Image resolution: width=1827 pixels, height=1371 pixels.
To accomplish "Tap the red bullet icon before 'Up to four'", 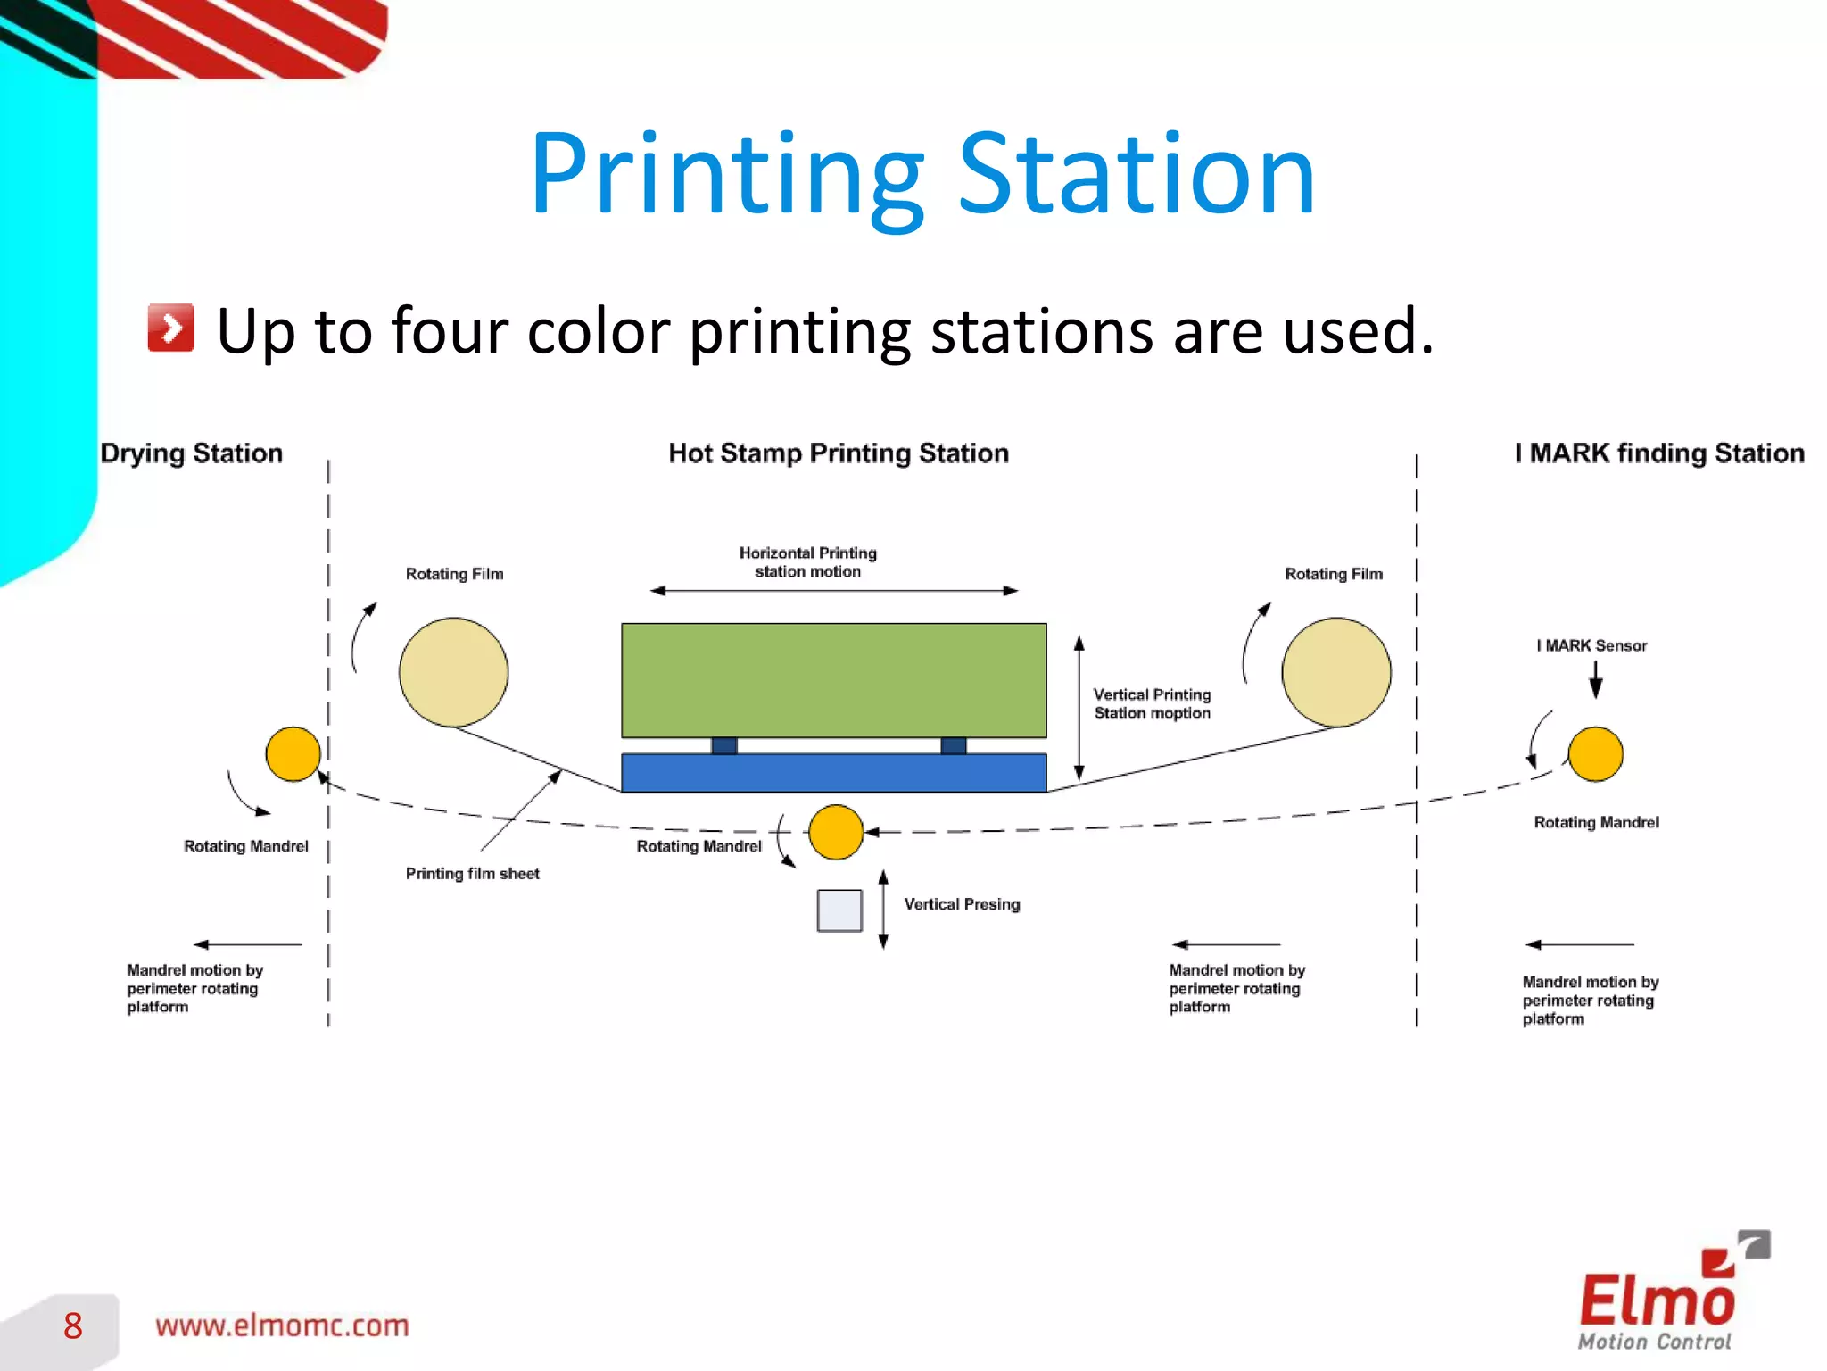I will coord(170,328).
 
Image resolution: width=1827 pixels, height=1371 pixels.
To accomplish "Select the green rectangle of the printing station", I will coord(833,680).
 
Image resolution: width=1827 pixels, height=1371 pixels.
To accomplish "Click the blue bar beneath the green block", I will coord(833,773).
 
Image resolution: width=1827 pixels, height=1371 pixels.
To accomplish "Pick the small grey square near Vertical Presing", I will coord(839,910).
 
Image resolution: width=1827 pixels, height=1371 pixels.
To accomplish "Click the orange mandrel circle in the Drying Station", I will coord(293,754).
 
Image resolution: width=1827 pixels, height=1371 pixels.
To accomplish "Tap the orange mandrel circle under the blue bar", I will coord(836,832).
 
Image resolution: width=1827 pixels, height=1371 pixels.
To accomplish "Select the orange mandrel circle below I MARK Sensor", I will coord(1595,754).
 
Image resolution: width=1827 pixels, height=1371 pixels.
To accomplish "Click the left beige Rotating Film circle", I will coord(453,672).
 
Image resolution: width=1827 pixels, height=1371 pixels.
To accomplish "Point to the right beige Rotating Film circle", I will coord(1335,672).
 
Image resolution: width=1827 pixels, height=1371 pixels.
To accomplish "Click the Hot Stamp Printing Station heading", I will coord(839,453).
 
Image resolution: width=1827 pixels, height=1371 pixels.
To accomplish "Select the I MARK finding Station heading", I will coord(1659,453).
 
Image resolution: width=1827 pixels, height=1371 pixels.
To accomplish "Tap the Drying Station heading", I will coord(191,453).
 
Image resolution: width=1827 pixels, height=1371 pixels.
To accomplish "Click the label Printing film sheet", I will coord(472,874).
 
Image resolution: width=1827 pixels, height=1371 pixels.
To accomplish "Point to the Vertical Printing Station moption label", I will coord(1152,703).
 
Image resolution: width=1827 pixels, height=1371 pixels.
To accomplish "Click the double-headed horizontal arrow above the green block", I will coord(833,591).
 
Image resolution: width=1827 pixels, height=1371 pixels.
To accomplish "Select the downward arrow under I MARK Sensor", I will coord(1595,680).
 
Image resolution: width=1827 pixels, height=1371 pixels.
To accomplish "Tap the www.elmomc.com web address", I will coord(282,1325).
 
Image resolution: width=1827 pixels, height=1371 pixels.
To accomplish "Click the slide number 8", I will coord(73,1326).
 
